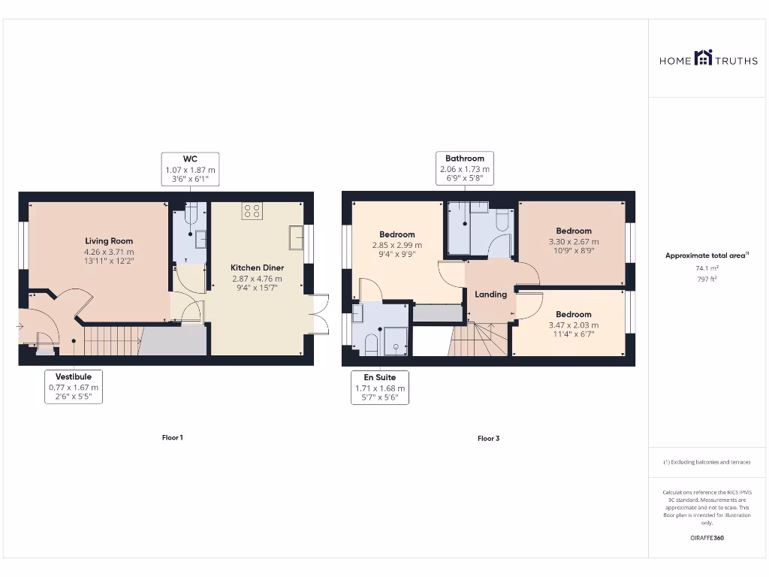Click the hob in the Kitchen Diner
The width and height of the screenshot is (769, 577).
coord(252,211)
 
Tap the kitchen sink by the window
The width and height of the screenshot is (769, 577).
coord(295,238)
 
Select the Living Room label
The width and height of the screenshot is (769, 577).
coord(109,241)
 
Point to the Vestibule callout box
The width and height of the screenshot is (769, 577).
coord(74,386)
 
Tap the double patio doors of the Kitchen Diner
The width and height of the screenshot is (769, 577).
coord(321,314)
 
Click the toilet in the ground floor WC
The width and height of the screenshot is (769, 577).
coord(190,216)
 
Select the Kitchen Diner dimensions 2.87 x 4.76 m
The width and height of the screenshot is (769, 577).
coord(257,279)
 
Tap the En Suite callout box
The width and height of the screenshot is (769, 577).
coord(380,387)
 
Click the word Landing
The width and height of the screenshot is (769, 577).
coord(490,295)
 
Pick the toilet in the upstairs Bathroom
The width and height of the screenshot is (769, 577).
coord(502,219)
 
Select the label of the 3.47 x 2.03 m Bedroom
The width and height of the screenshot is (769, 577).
coord(574,314)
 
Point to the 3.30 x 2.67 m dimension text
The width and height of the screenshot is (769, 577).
coord(574,242)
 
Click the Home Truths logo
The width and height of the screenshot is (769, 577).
coord(703,58)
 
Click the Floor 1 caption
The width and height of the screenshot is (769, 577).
coord(172,437)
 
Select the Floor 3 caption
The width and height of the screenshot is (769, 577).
coord(488,438)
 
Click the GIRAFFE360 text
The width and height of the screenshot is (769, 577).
coord(707,538)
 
